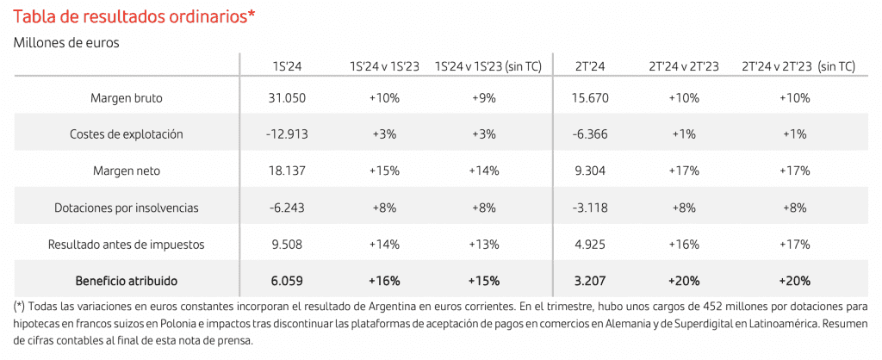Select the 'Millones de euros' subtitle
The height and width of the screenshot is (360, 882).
pos(65,41)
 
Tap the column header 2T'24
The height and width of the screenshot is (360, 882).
pos(590,66)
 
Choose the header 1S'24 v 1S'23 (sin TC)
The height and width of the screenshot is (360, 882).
pos(488,66)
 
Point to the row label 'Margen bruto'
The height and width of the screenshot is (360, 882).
pos(126,98)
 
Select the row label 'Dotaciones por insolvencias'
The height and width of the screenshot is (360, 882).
pos(126,208)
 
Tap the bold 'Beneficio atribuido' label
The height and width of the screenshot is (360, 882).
pos(126,281)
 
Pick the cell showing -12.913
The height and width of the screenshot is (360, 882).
pos(287,134)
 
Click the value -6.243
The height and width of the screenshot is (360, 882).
pos(287,208)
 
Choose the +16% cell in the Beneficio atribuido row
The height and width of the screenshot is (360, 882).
pos(384,281)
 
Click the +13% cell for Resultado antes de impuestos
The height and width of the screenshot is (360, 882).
pos(483,245)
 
